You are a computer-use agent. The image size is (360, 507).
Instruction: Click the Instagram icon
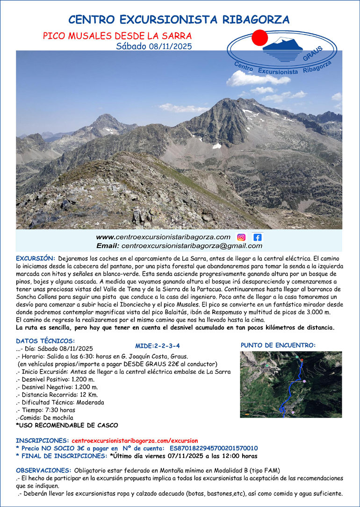coord(241,237)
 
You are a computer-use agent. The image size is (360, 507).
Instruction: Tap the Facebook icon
coord(257,237)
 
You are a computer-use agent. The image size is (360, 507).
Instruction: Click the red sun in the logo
coord(259,37)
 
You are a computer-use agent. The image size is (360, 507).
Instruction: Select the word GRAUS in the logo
coord(312,54)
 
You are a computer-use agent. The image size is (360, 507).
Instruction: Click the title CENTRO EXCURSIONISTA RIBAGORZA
coord(179,20)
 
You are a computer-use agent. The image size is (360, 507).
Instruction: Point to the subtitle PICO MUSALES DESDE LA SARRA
coord(117,36)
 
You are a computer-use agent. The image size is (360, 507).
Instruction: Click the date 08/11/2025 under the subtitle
coord(170,46)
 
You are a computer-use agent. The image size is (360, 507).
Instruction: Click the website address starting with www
coord(163,237)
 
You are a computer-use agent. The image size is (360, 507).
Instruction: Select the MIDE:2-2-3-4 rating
coord(158,346)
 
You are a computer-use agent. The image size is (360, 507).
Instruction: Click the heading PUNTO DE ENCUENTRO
coord(278,345)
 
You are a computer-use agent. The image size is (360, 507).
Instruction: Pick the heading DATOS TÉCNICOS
coord(45,341)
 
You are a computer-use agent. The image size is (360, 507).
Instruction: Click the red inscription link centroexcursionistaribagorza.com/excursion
coord(135,441)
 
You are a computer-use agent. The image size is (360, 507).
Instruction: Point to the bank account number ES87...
coord(213,448)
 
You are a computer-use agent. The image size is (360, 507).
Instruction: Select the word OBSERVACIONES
coord(43,471)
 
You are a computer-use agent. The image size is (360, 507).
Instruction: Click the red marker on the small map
coord(302,360)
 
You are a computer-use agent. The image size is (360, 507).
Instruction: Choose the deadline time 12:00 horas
coord(236,456)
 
